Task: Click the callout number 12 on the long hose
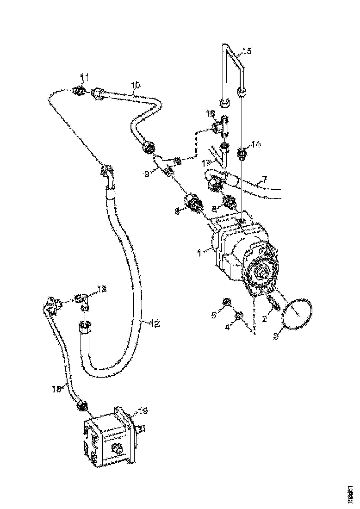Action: pyautogui.click(x=155, y=323)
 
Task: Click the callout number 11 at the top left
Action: pyautogui.click(x=84, y=76)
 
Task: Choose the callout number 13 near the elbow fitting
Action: pyautogui.click(x=102, y=289)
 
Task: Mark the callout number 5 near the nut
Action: pyautogui.click(x=214, y=316)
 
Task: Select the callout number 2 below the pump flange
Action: pyautogui.click(x=264, y=319)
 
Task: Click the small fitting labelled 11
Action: pyautogui.click(x=80, y=92)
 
